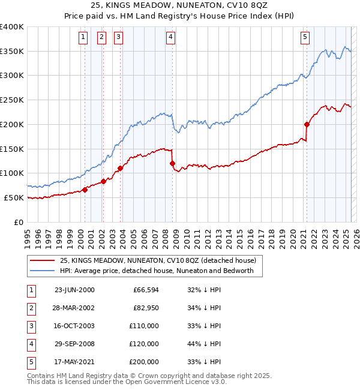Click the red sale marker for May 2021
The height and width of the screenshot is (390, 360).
(307, 125)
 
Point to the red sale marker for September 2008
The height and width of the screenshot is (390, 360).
(173, 163)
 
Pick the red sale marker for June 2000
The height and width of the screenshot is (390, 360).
(85, 190)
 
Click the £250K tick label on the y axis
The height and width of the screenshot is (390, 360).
(12, 100)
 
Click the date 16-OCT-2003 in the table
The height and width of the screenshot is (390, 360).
(74, 326)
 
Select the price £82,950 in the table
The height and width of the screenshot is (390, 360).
(145, 308)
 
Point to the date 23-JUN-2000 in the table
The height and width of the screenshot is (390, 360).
(74, 290)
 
